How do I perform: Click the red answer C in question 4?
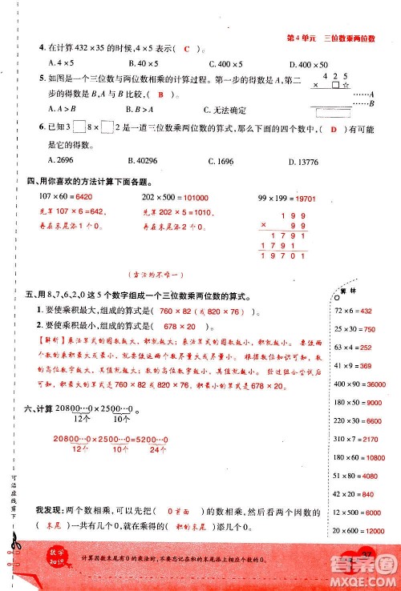[x=186, y=50]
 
